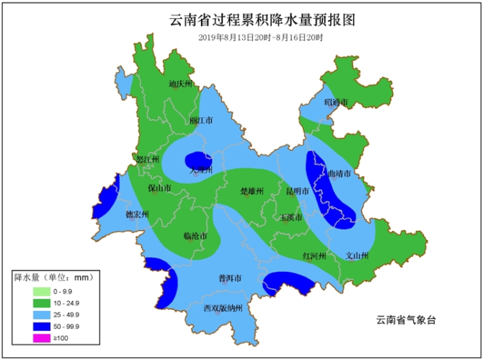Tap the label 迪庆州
click(x=181, y=84)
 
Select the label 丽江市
click(x=200, y=121)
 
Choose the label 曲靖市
click(x=339, y=174)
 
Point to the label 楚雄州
click(x=252, y=191)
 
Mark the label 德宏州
click(x=136, y=215)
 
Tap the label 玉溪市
click(x=291, y=217)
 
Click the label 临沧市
click(x=195, y=236)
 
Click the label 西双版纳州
click(x=226, y=308)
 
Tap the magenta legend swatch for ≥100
click(x=41, y=338)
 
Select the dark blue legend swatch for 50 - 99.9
click(x=41, y=326)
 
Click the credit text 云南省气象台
click(x=407, y=320)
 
